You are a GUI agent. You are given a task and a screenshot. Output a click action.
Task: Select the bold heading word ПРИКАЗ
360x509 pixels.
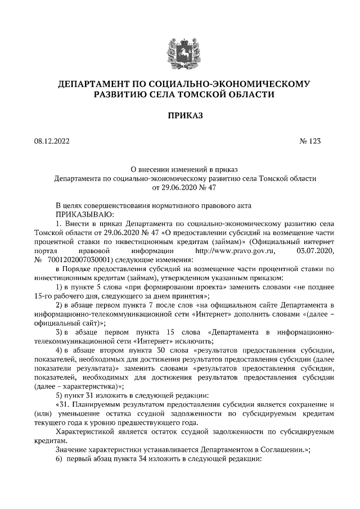pyautogui.click(x=179, y=116)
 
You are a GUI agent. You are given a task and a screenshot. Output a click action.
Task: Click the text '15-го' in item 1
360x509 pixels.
pyautogui.click(x=44, y=295)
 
